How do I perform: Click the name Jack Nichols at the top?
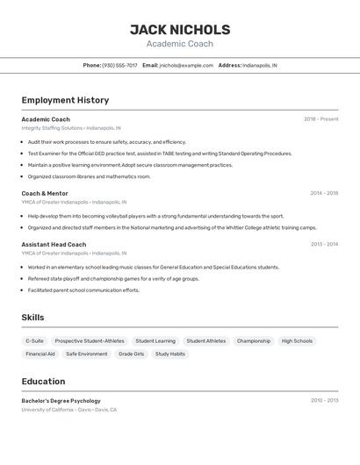tap(180, 30)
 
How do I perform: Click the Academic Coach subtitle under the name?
tap(180, 44)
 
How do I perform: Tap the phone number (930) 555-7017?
tap(119, 65)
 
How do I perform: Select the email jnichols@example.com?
tap(186, 65)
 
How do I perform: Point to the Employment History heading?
tap(65, 100)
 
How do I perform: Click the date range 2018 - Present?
tap(320, 119)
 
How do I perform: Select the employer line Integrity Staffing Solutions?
tap(71, 128)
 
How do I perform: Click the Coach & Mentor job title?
tap(45, 193)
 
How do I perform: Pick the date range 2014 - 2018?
tap(323, 193)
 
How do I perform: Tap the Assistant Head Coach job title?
tap(54, 245)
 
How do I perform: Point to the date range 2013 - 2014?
tap(324, 245)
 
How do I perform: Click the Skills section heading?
tap(32, 318)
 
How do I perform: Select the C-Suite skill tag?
tap(35, 340)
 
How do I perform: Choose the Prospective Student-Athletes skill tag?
tap(90, 340)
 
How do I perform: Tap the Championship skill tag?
tap(254, 340)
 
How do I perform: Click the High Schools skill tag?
tap(297, 340)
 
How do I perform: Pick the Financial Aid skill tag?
tap(40, 354)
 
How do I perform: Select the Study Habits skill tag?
tap(170, 354)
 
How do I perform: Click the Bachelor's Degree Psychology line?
tap(61, 401)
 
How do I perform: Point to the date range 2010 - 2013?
tap(324, 401)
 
